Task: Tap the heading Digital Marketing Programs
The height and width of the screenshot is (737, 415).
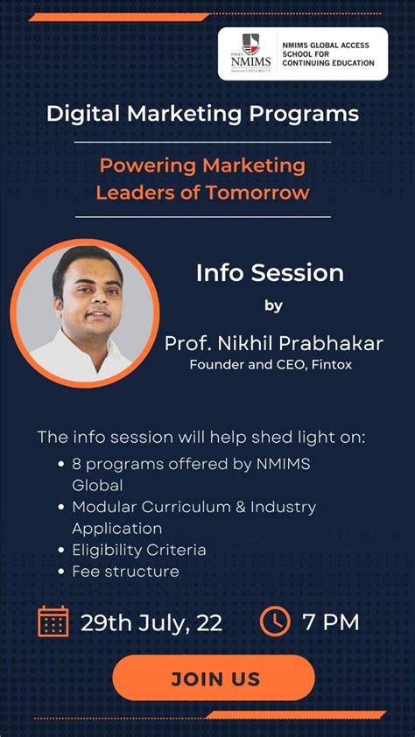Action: (202, 113)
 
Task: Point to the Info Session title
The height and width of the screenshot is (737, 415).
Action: (270, 272)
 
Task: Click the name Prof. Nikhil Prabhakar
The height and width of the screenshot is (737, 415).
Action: (274, 342)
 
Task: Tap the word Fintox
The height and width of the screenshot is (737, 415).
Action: (334, 364)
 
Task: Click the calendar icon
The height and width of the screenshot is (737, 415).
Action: (53, 621)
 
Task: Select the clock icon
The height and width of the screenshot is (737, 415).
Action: (275, 621)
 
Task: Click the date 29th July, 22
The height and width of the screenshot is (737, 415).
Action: (151, 622)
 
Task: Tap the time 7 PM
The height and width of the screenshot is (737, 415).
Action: (331, 622)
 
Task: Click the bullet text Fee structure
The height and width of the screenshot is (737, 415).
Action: (125, 572)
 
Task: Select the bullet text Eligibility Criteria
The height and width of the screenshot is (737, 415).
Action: (139, 550)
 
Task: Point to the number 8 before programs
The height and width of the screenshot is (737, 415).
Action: (77, 464)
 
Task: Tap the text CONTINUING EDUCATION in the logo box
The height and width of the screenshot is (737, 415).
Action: (328, 63)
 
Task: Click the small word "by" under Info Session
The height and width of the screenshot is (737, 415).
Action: (273, 305)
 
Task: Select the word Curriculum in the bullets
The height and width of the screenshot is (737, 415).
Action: (179, 507)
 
